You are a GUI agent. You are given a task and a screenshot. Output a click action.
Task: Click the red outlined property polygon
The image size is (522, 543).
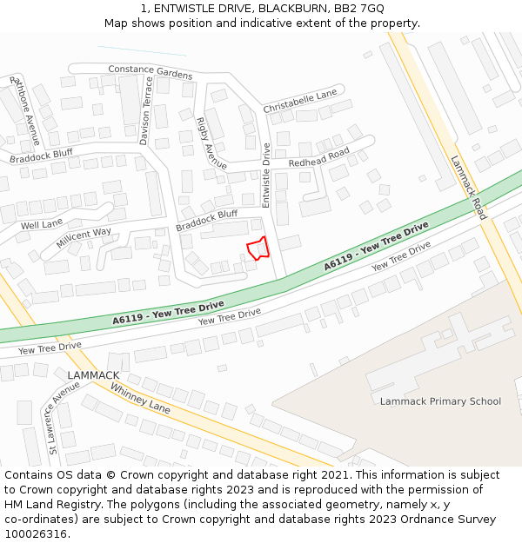point(258,248)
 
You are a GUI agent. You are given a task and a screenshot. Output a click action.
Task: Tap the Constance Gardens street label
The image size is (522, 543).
point(150,71)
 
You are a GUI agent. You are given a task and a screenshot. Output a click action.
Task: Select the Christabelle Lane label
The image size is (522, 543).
point(299,100)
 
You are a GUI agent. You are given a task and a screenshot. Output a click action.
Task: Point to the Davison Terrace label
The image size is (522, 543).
point(145,110)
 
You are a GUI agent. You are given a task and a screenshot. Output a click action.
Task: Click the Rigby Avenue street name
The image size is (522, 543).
point(211,143)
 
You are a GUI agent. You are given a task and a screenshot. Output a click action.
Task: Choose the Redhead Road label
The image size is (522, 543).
point(318,157)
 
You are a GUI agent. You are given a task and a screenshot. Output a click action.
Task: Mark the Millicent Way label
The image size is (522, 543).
point(84,238)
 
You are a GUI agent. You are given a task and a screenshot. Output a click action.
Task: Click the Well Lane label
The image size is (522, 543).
point(42,224)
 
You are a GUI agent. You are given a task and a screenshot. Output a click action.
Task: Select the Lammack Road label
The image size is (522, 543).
point(469,187)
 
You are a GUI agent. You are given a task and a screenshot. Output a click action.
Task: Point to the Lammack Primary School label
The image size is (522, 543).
point(440,401)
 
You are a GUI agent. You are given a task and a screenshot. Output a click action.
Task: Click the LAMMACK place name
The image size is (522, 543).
point(93,375)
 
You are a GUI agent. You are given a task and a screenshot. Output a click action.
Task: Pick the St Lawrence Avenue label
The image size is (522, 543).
point(64,417)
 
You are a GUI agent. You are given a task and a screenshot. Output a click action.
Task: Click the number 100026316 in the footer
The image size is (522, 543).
point(36,534)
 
